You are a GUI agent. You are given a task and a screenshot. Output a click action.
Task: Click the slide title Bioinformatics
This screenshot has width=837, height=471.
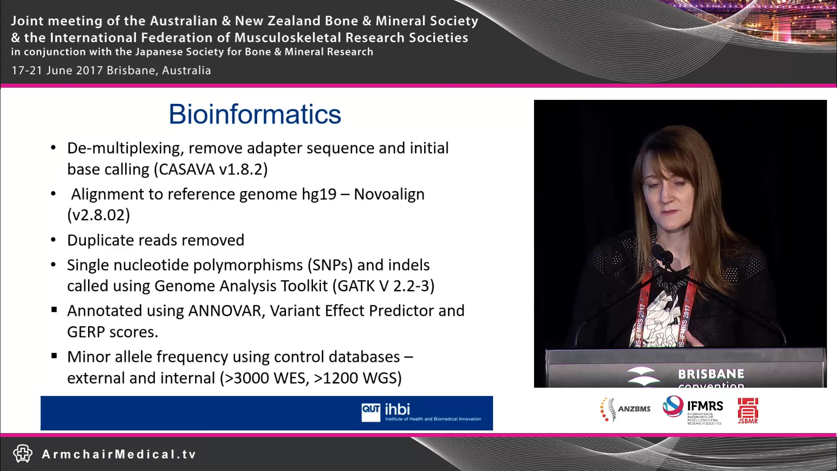(255, 114)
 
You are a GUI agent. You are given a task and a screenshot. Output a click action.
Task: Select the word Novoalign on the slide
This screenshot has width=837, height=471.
(389, 194)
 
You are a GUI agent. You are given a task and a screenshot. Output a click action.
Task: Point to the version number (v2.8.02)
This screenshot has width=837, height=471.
(99, 215)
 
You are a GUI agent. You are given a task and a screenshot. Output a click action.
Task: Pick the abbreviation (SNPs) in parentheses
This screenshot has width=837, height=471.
(330, 265)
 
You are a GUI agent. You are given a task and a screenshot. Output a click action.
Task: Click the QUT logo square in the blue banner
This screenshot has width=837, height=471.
(371, 412)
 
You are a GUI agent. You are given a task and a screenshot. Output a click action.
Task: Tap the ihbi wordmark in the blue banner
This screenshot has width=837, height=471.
(397, 409)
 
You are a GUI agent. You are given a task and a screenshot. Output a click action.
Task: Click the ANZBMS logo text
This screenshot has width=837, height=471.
(634, 409)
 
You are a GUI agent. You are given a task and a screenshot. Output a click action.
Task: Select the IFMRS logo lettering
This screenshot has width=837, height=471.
(704, 406)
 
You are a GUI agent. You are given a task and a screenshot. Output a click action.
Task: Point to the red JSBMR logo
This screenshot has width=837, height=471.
(748, 410)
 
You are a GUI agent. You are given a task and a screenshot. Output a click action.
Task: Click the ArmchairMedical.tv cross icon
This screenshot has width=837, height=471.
(23, 454)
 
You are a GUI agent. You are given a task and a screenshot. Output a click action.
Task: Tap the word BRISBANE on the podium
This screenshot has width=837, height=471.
(711, 374)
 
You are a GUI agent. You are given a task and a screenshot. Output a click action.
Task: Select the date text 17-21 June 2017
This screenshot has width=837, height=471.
(57, 70)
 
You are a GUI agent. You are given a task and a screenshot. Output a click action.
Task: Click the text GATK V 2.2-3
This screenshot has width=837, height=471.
(384, 286)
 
